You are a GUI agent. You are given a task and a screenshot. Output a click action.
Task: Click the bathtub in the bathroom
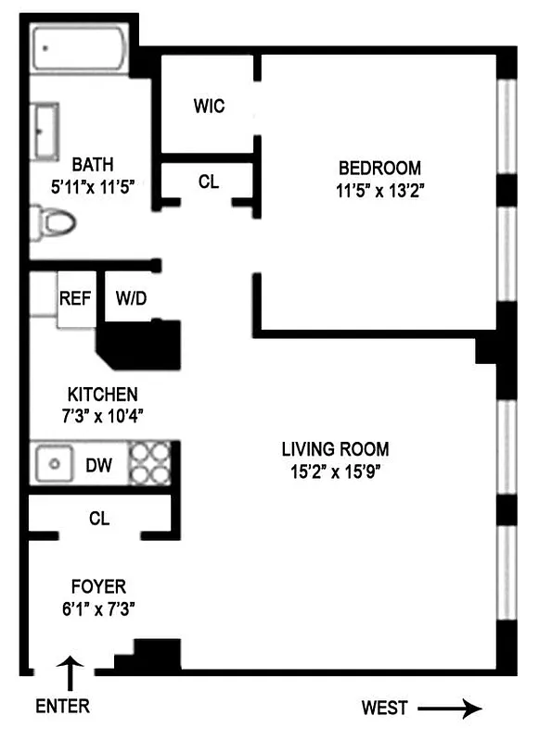81,51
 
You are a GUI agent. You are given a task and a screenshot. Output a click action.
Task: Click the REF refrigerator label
75,298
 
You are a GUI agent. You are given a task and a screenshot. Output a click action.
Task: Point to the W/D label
132,298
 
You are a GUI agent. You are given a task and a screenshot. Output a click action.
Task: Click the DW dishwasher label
99,465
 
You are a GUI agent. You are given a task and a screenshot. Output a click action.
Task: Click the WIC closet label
209,106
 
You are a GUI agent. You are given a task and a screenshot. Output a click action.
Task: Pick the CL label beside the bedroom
209,182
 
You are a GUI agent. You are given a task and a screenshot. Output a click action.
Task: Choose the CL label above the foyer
99,519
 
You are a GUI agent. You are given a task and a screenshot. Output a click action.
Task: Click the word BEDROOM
379,169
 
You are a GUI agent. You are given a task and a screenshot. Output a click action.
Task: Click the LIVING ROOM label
336,449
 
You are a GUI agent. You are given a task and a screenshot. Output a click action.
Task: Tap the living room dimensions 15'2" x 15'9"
336,471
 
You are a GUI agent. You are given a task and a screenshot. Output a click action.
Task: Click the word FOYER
98,586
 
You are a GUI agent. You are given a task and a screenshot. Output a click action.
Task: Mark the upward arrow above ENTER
71,669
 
